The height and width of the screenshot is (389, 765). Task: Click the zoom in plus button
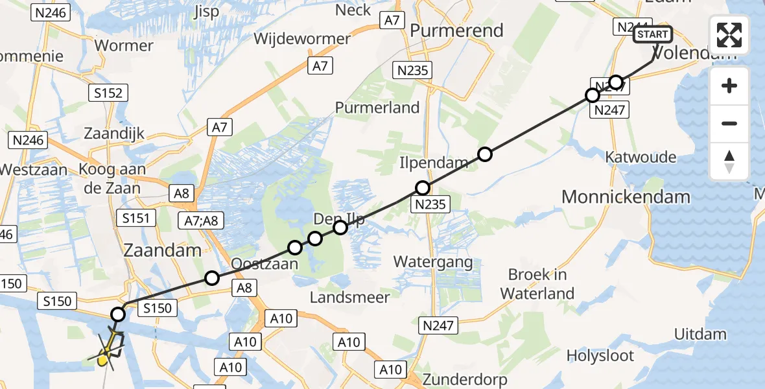(x=729, y=86)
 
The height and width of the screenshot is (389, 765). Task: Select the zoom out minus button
(x=729, y=123)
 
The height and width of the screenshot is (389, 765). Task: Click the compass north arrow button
(x=729, y=161)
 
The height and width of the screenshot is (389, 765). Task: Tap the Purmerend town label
(x=456, y=30)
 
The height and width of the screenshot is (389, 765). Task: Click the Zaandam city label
(x=162, y=250)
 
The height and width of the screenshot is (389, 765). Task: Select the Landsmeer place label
(x=349, y=298)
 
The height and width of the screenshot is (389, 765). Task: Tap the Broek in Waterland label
(x=537, y=284)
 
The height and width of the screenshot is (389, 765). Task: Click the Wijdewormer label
(x=302, y=38)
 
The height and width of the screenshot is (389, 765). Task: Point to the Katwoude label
(x=640, y=157)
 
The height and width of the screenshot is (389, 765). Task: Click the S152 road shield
(x=107, y=93)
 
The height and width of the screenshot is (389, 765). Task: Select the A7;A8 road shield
(x=201, y=221)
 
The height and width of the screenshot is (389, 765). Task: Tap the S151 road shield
(x=135, y=218)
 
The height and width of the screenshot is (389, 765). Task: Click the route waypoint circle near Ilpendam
(x=423, y=188)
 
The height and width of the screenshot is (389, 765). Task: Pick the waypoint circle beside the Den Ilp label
(x=340, y=227)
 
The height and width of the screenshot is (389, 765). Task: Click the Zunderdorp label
(x=464, y=379)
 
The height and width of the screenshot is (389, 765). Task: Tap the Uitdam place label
(x=700, y=335)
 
